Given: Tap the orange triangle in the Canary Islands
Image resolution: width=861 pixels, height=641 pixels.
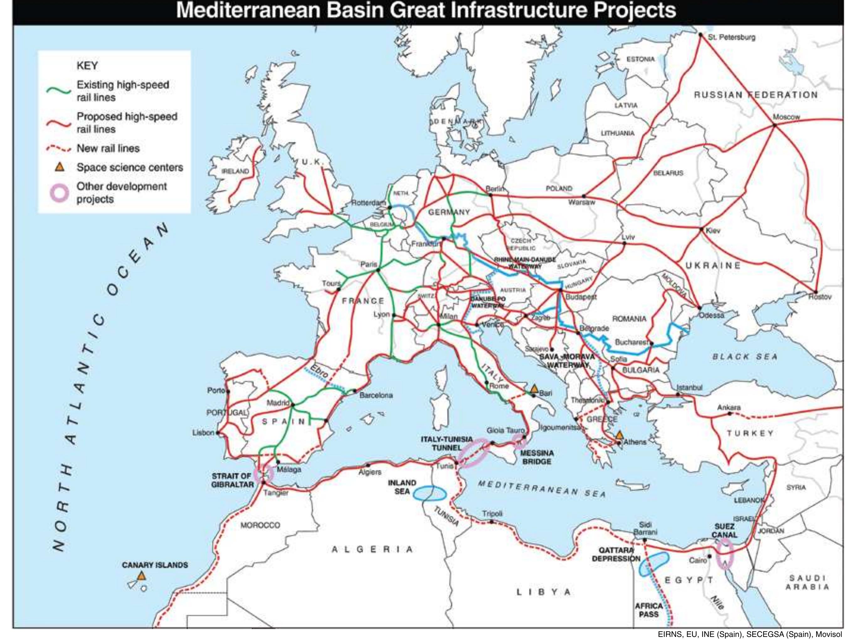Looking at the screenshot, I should [142, 576].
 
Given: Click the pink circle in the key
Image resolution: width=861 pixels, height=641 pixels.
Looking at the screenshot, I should [60, 192].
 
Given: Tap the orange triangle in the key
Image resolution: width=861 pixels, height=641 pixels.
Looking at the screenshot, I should [59, 167].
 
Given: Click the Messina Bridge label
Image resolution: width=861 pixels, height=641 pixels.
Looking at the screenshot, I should [537, 457].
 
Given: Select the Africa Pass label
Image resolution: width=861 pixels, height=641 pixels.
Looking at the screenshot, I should [649, 610].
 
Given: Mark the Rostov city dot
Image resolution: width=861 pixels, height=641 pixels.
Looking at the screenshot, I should [816, 292].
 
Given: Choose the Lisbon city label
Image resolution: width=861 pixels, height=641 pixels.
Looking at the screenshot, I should [203, 432].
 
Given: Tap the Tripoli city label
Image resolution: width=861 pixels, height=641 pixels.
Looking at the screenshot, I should [492, 513].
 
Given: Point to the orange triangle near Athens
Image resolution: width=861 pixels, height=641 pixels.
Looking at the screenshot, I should [620, 434].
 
